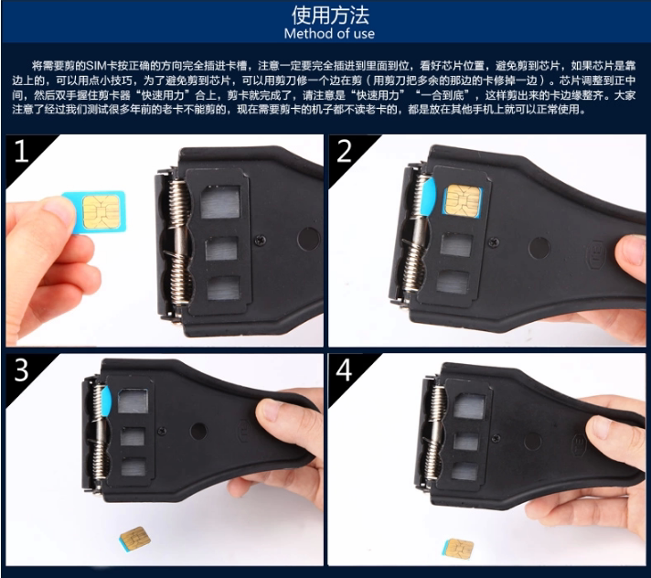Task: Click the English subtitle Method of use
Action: [328, 34]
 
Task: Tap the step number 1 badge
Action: [20, 151]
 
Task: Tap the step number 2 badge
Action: [344, 151]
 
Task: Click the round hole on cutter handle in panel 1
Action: [308, 240]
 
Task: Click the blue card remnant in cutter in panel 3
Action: [105, 401]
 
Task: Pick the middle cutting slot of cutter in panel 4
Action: [464, 441]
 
